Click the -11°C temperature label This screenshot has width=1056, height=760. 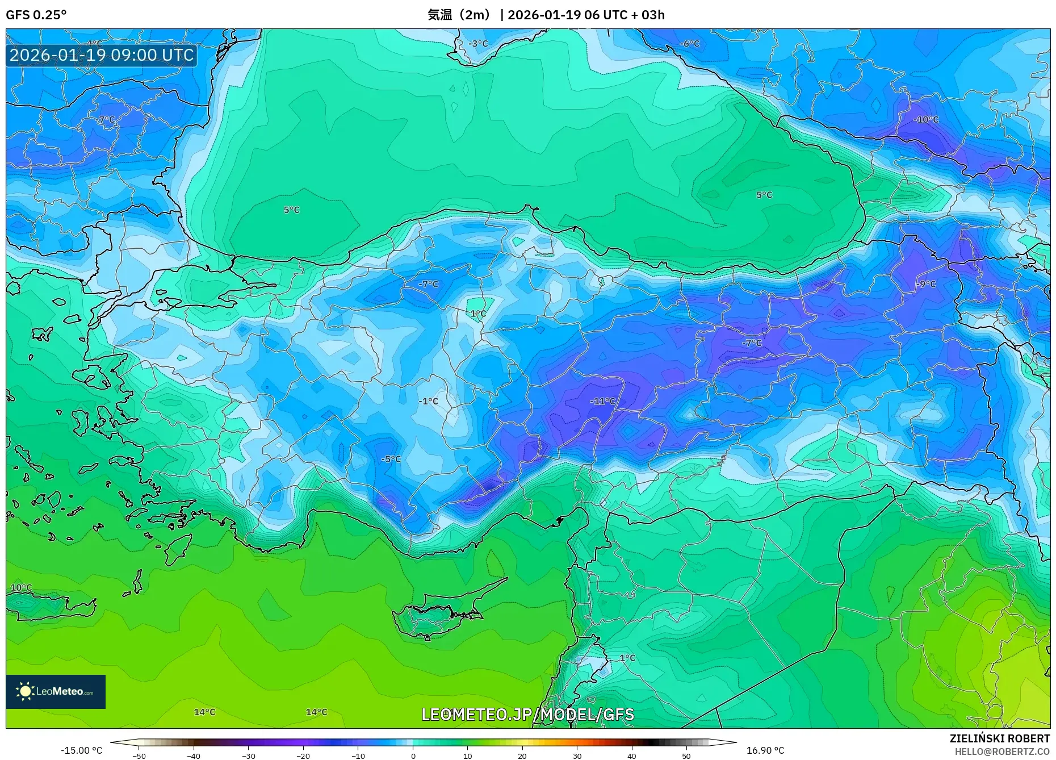tap(602, 401)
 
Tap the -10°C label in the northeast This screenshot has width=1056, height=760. tap(926, 120)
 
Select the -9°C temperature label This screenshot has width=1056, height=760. tap(926, 284)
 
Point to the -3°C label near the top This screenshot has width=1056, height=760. tap(478, 44)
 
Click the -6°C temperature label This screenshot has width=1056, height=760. tap(690, 44)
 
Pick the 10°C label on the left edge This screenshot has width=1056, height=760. tap(22, 587)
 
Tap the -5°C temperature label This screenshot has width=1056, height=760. tap(391, 459)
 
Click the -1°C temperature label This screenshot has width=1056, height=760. tap(429, 401)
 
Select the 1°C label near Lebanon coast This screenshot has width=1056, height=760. tap(627, 658)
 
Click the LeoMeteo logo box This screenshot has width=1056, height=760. tap(56, 691)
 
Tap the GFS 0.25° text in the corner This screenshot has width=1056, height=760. tap(36, 15)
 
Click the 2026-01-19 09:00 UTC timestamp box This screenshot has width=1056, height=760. tap(102, 55)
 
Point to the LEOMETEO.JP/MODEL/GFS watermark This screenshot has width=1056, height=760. tap(527, 715)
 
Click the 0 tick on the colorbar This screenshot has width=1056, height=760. tap(413, 755)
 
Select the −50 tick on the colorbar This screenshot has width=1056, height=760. tap(139, 755)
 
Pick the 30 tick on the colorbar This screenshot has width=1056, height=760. tap(577, 755)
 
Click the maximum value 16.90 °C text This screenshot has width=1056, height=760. tap(765, 750)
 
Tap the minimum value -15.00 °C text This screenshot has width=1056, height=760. tap(82, 750)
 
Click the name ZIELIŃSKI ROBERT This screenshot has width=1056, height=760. tap(999, 738)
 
